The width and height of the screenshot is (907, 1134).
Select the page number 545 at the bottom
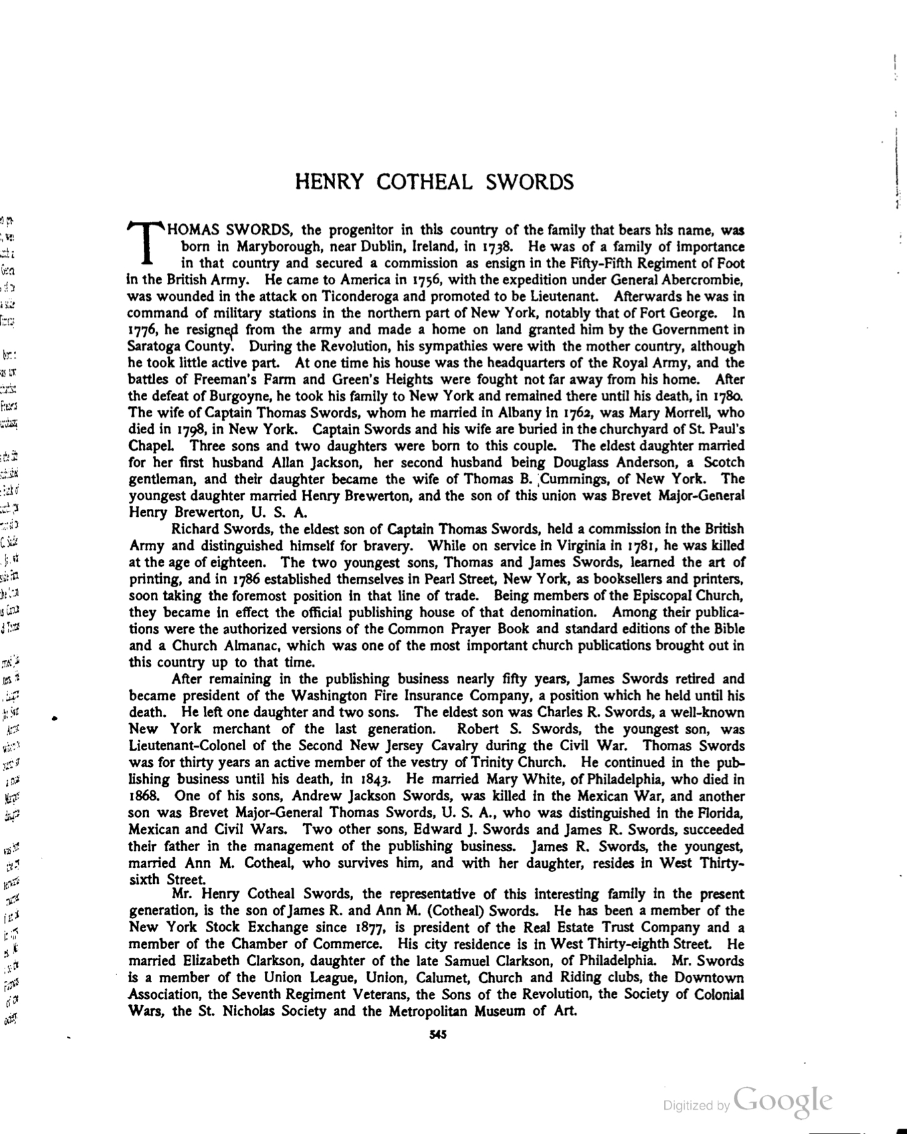pos(437,1036)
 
